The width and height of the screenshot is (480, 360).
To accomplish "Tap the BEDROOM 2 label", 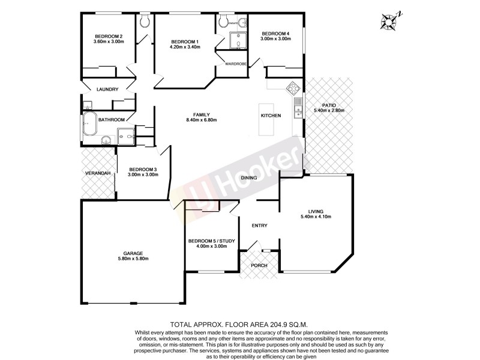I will [109, 36].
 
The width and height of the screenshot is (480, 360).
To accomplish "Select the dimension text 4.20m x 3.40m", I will [184, 47].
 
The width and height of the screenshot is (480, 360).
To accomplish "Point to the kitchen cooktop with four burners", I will [294, 89].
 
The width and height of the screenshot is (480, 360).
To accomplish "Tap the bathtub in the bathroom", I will [89, 124].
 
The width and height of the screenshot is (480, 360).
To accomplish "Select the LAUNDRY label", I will [107, 90].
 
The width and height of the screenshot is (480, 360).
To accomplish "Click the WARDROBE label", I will [235, 64].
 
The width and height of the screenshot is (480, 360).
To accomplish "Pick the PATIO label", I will [328, 105].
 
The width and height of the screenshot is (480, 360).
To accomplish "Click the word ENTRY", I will [260, 226].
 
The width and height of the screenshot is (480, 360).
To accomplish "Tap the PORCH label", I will [259, 265].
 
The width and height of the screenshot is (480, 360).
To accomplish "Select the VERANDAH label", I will [97, 173].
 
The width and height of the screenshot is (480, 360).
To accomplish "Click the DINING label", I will [249, 178].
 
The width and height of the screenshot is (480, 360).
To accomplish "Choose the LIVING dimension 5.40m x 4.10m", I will [316, 217].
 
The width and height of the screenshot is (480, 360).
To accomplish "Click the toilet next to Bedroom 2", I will [145, 22].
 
